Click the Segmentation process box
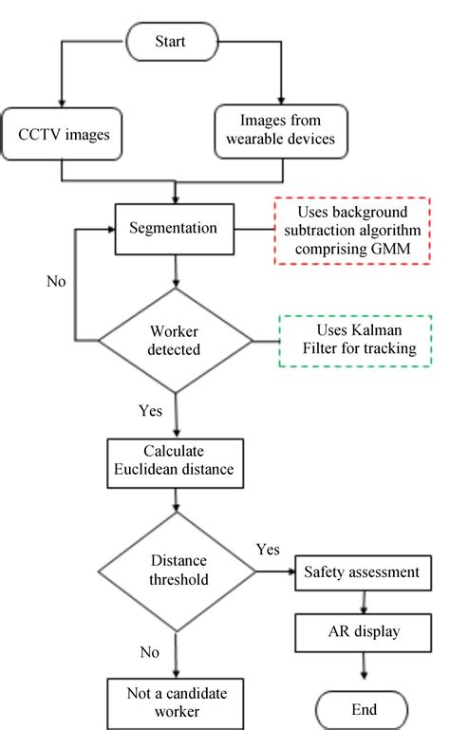[177, 229]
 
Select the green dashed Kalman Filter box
[355, 341]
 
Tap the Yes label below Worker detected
[150, 411]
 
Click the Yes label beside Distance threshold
[268, 549]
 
